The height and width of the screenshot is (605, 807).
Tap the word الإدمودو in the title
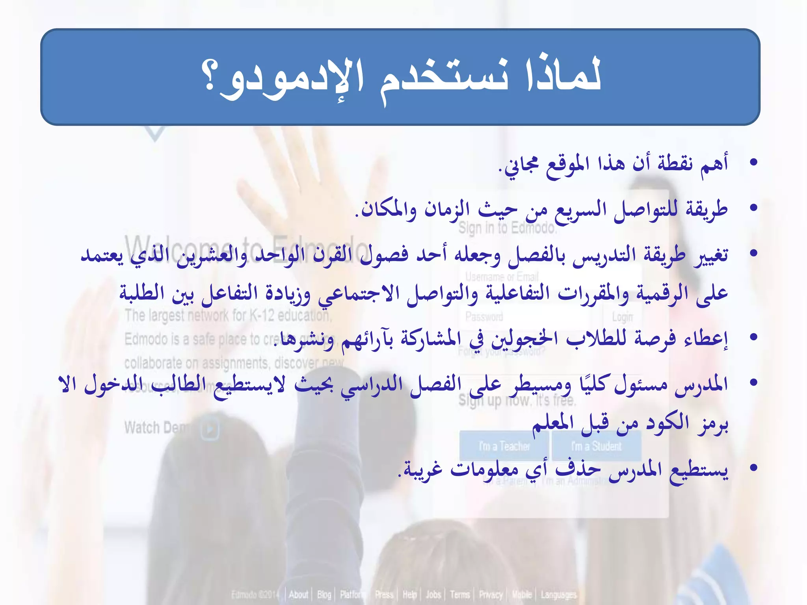tap(292, 79)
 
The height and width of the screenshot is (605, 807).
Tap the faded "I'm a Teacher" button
tap(504, 447)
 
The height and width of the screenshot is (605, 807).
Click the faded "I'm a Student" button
tap(596, 447)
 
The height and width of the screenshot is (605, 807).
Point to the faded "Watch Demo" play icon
tap(210, 429)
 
